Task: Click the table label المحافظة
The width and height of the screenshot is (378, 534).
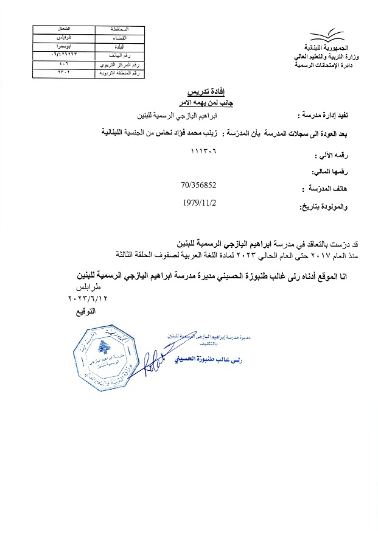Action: (119, 29)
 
